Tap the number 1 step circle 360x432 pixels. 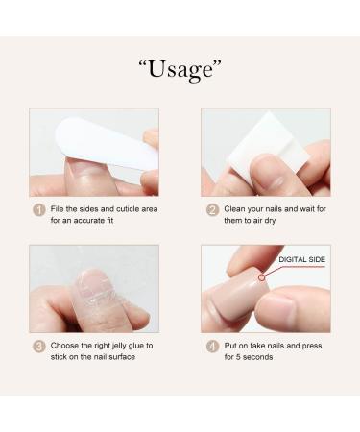coord(39,209)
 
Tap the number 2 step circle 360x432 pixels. coord(212,209)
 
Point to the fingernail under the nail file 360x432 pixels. coord(84,172)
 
